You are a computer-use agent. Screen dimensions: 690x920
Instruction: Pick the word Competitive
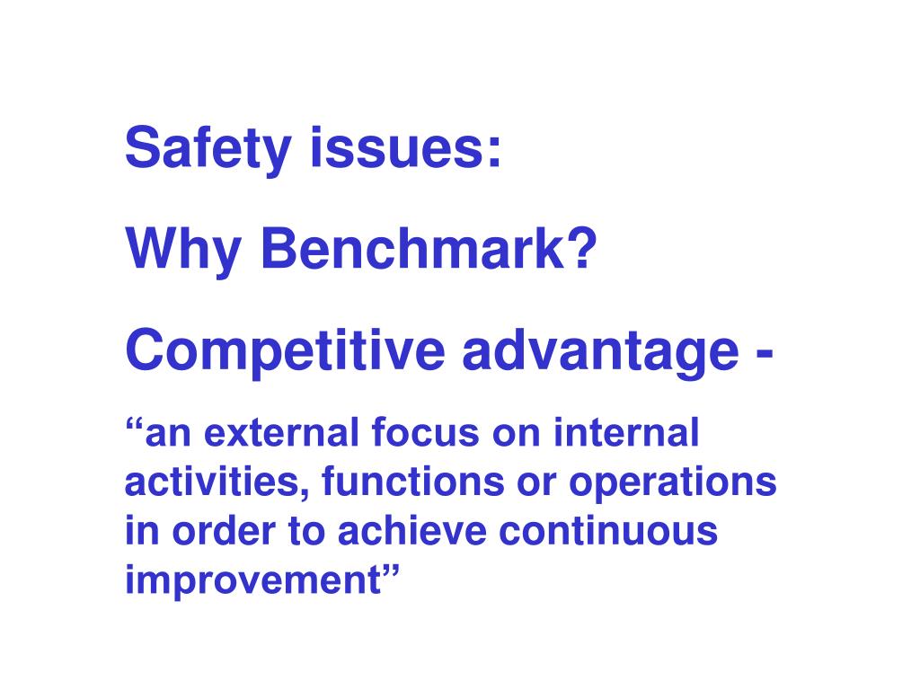click(x=285, y=351)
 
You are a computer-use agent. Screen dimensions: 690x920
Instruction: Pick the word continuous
click(x=609, y=532)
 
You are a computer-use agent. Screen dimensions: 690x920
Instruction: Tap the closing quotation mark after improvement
click(x=388, y=571)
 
